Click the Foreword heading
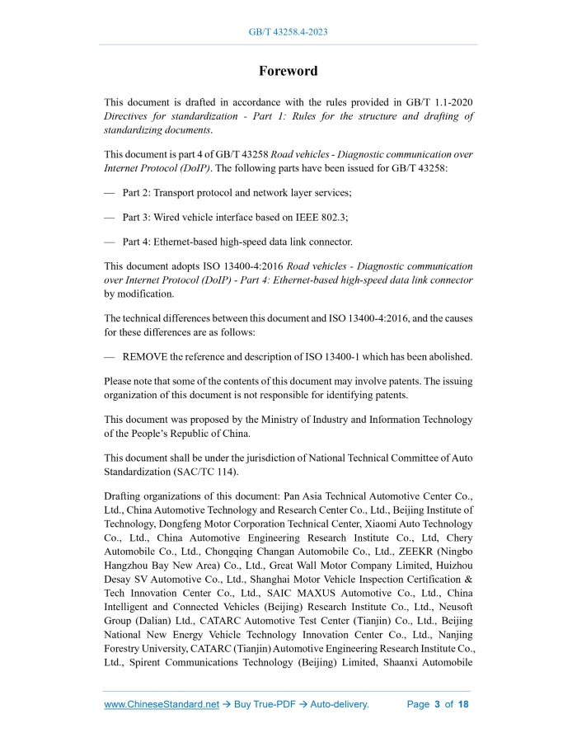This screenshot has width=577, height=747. [x=288, y=71]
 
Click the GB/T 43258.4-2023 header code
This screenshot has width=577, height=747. [x=288, y=32]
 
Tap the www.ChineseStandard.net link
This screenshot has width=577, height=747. [x=162, y=705]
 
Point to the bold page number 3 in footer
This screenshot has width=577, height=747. [x=437, y=705]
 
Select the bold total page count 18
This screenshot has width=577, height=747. [x=463, y=705]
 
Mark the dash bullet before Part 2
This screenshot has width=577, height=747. [x=109, y=193]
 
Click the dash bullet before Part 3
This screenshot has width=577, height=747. [x=109, y=217]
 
